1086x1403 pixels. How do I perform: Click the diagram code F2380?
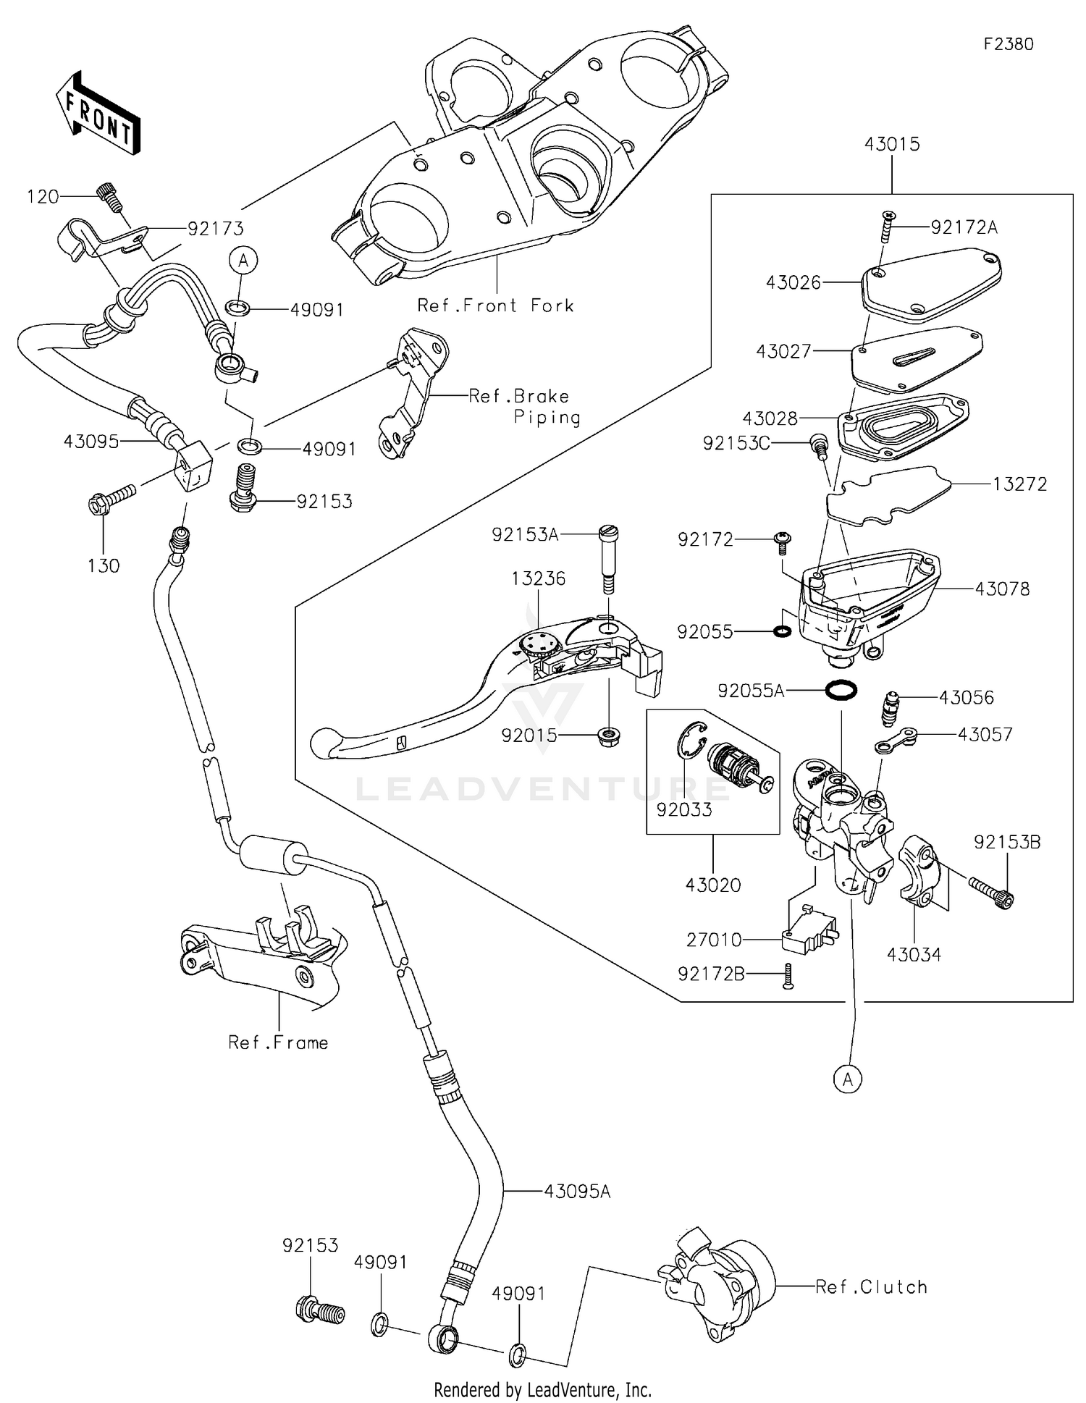click(1008, 44)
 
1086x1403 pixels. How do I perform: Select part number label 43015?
click(891, 144)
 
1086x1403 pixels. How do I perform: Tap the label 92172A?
click(964, 227)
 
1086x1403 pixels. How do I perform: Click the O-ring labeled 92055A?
click(841, 690)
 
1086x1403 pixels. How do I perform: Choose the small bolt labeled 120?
click(107, 196)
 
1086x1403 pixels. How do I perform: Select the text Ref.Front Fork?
click(495, 306)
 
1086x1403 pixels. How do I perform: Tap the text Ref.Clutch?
click(871, 1286)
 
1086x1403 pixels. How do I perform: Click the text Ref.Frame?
click(278, 1042)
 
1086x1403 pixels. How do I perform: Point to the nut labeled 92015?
click(609, 737)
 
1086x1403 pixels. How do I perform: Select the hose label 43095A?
click(577, 1191)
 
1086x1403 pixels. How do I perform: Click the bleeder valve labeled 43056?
click(890, 707)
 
